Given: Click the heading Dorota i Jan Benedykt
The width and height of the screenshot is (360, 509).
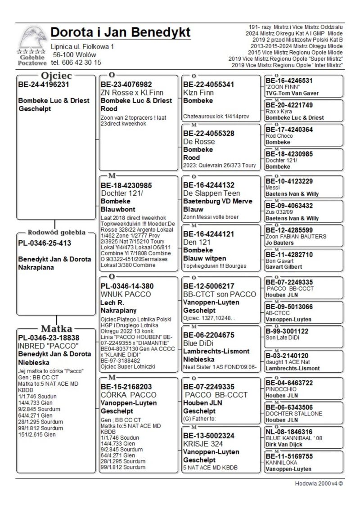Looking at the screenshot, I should click(x=120, y=32).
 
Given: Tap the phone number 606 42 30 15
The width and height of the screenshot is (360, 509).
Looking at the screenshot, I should click(x=76, y=63).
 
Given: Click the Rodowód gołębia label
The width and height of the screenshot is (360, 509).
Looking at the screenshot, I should click(x=56, y=233).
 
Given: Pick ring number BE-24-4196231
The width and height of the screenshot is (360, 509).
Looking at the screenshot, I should click(x=43, y=84).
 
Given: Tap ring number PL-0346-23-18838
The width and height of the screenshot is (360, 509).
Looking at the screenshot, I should click(x=48, y=338).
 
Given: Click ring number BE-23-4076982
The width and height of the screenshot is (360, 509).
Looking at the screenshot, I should click(x=126, y=84).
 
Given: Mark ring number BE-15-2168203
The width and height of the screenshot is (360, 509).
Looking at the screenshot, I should click(x=126, y=387).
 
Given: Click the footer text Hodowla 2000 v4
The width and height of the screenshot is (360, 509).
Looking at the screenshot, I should click(x=319, y=484).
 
